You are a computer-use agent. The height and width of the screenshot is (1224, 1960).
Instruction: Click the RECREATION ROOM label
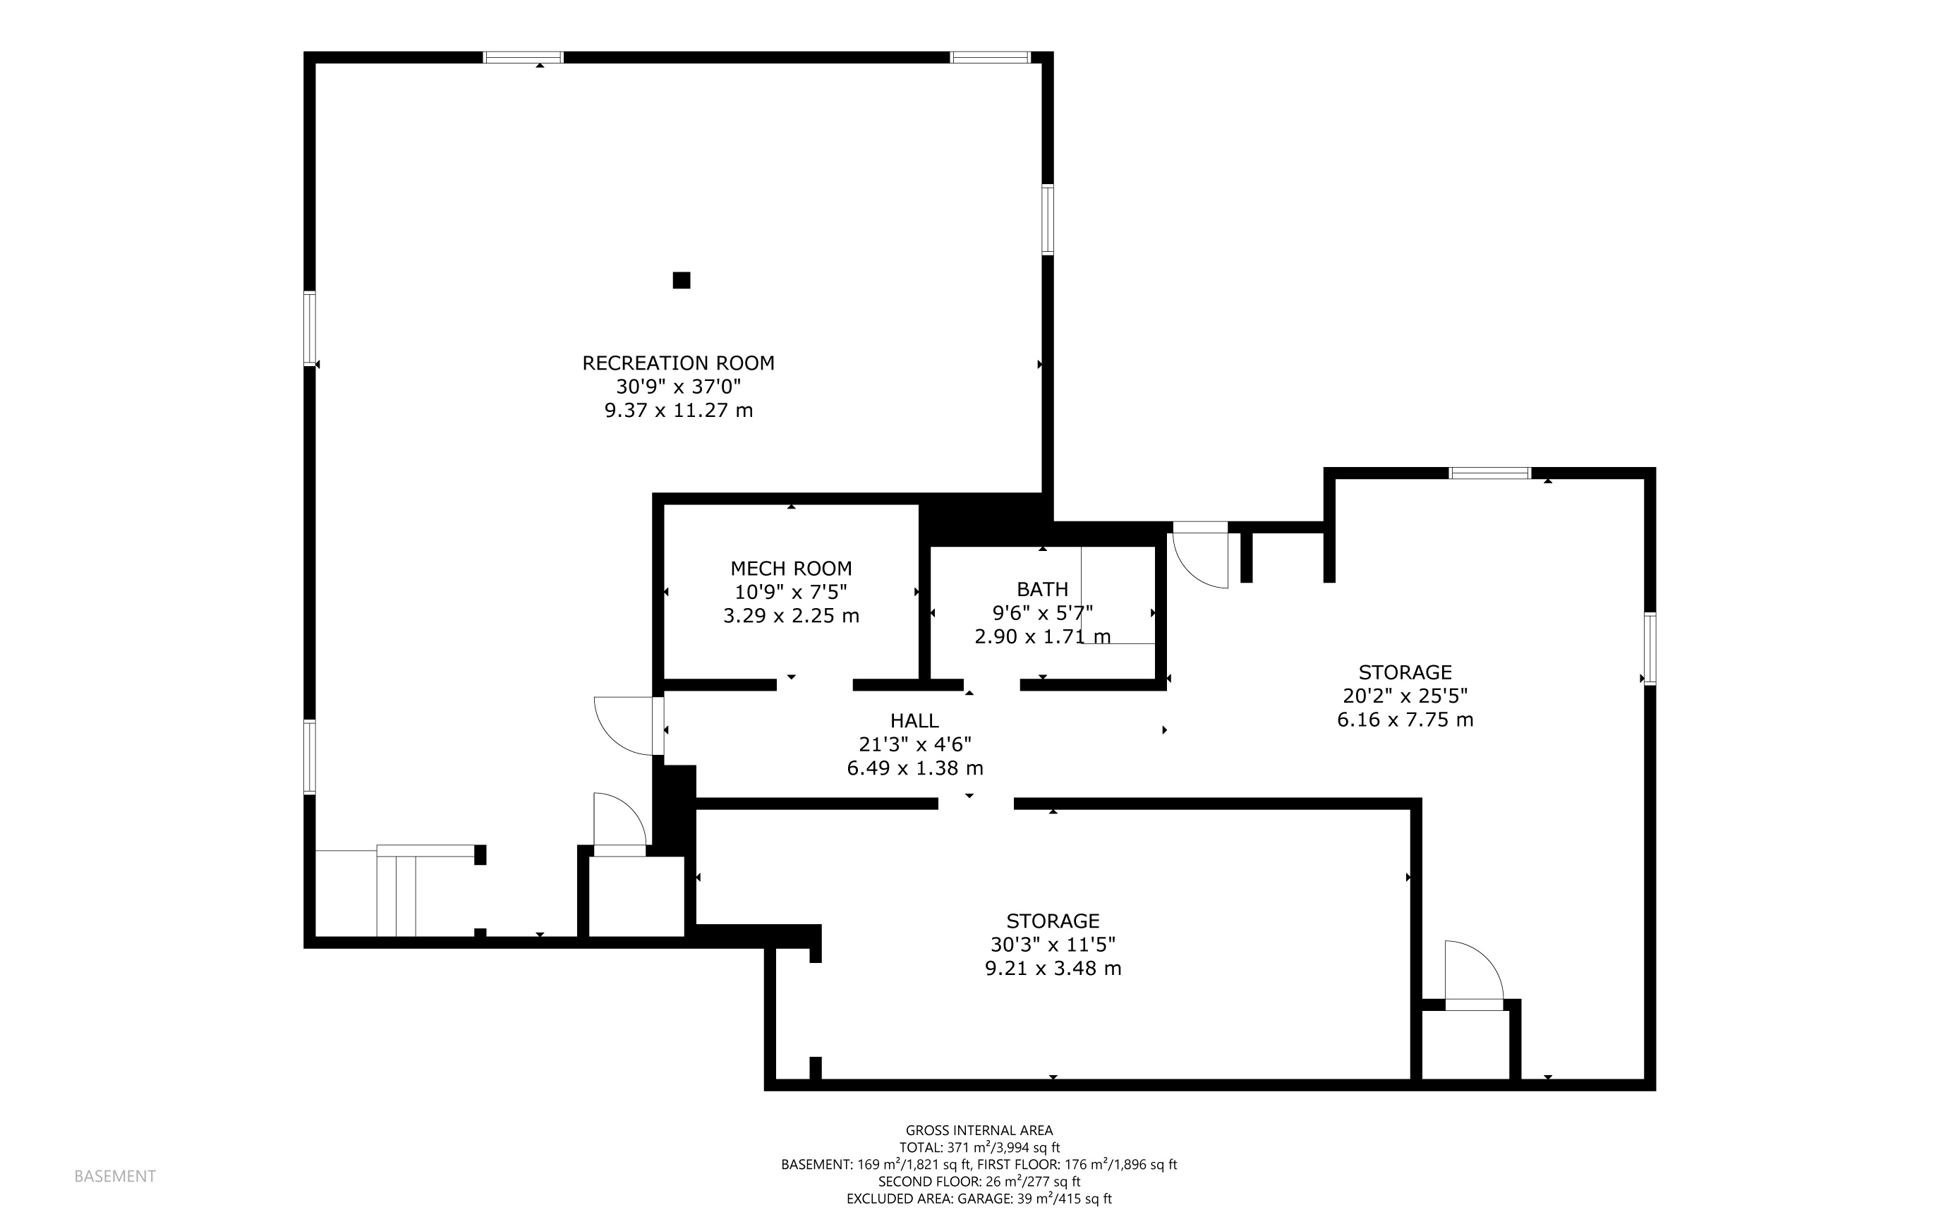click(679, 363)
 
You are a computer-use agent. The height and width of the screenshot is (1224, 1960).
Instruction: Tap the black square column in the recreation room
click(682, 280)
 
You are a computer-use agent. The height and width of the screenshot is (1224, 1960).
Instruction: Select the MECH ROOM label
click(791, 569)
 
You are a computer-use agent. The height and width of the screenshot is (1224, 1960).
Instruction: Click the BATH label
click(1043, 589)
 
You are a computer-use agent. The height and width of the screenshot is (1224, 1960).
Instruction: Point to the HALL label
click(915, 720)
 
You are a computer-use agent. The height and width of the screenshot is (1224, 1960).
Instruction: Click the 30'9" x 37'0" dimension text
click(679, 386)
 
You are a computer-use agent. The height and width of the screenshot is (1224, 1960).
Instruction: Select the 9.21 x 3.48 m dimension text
click(1053, 968)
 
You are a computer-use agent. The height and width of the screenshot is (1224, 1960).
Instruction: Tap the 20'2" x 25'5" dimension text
click(1405, 696)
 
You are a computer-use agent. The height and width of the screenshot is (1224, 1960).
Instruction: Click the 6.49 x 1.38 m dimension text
click(915, 768)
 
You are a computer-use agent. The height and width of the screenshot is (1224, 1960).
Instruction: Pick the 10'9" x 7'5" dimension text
click(791, 592)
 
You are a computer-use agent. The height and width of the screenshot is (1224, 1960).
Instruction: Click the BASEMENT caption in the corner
click(115, 1176)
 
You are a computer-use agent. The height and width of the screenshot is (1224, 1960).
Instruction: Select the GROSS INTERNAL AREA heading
click(979, 1130)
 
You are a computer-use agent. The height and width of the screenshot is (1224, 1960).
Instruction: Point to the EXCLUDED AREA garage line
click(979, 1199)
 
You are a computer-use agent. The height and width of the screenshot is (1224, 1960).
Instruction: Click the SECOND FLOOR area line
click(979, 1182)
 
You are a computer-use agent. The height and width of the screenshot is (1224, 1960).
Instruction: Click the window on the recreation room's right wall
click(1048, 219)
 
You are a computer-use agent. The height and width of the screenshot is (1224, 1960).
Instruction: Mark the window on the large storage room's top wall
click(1490, 473)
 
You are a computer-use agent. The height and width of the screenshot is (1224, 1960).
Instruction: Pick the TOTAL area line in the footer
click(979, 1147)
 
